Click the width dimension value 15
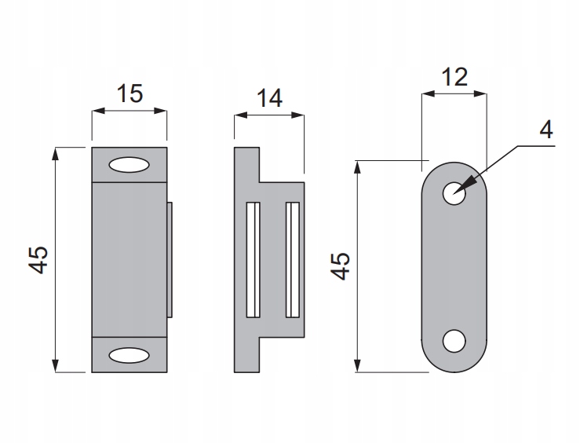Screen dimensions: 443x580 coord(129,93)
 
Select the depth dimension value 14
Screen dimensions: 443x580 coord(269,98)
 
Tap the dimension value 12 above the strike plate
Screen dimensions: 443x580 coord(454,76)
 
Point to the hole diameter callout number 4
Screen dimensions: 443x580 coord(546,130)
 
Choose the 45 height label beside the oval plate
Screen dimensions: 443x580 coord(340,265)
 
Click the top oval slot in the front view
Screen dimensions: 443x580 coord(129,165)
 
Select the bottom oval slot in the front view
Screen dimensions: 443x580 coord(129,354)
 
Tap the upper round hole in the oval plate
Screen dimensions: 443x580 coord(454,194)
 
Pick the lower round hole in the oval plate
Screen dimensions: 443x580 coord(454,341)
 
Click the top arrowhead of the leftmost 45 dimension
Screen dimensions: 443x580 coord(56,153)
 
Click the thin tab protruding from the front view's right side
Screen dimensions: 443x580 coord(170,259)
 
